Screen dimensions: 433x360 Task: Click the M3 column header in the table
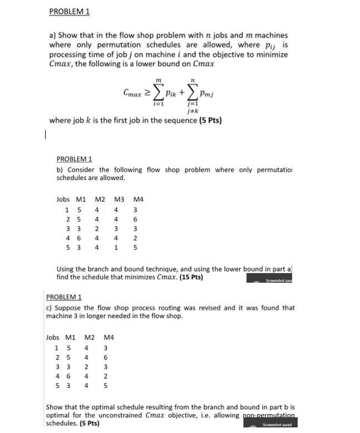(x=118, y=199)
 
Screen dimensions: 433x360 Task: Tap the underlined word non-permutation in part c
(x=270, y=416)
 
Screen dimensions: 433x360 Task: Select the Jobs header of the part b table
(x=63, y=199)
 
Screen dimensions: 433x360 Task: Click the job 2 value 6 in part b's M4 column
(x=136, y=219)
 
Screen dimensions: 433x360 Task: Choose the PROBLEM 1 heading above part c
(x=63, y=297)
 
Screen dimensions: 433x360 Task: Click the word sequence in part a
(x=176, y=120)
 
